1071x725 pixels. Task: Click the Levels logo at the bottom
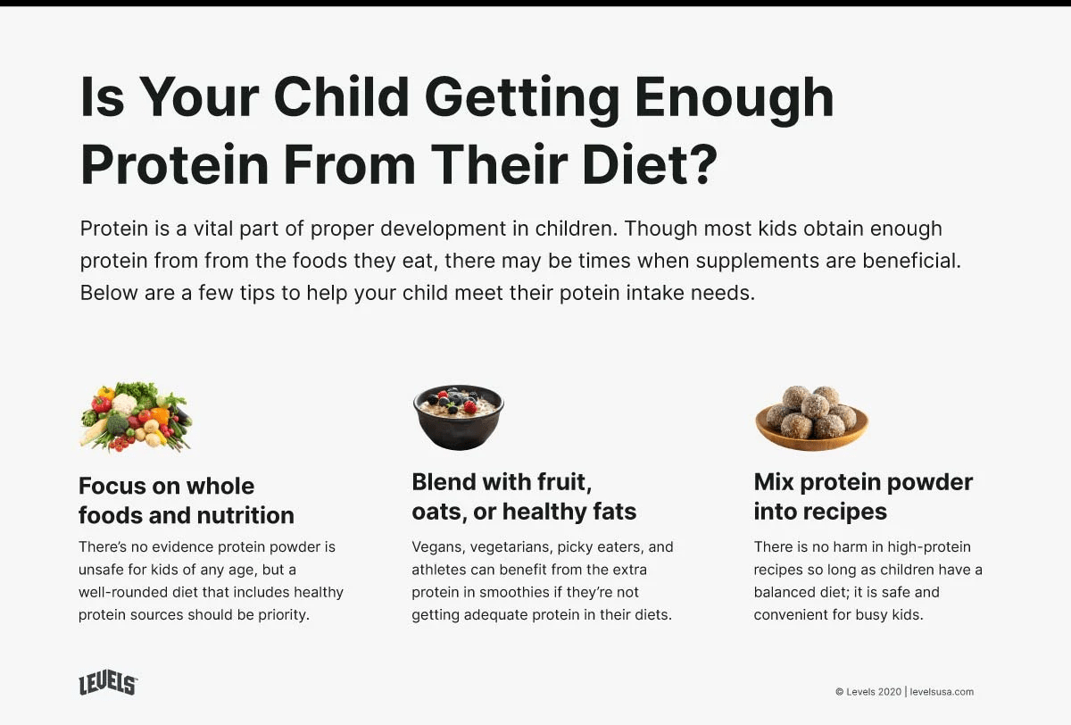[x=108, y=684]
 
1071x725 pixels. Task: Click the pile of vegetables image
[x=136, y=416]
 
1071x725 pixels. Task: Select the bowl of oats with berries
[x=458, y=416]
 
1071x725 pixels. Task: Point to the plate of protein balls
[x=811, y=416]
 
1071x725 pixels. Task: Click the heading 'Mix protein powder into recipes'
[x=862, y=497]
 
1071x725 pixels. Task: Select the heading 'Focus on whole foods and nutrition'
[x=186, y=501]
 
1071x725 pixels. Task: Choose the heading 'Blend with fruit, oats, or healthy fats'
[x=524, y=497]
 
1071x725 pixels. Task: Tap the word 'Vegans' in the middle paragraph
[x=437, y=546]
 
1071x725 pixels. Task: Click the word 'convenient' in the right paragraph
[x=790, y=615]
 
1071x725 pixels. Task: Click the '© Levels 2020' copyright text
[x=868, y=692]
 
